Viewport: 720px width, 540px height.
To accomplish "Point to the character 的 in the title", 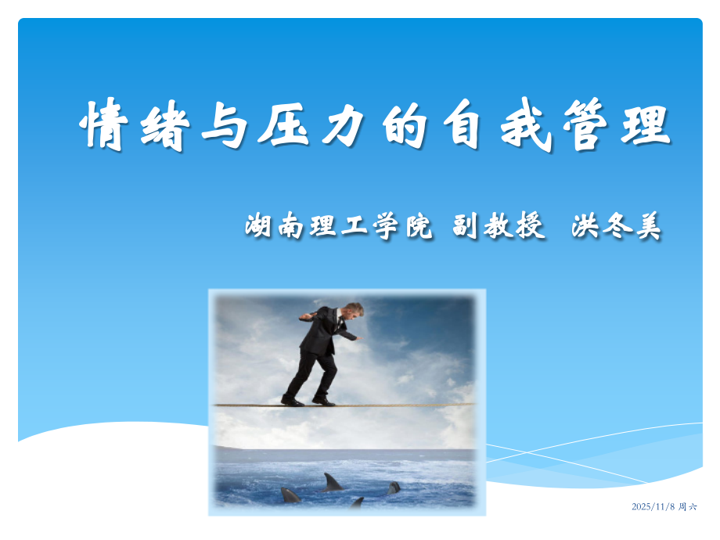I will [405, 125].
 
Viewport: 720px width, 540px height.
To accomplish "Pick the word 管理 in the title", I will [617, 125].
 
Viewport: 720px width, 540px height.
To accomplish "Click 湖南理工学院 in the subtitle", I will [338, 226].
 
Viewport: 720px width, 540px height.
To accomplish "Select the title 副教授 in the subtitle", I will [499, 226].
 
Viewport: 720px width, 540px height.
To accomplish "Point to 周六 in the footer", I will [687, 507].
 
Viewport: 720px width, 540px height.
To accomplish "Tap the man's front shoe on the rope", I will [323, 401].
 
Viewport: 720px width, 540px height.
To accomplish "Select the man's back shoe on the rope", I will [292, 401].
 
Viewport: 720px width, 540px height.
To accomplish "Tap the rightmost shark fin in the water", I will [394, 488].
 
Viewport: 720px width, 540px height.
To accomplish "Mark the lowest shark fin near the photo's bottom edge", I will [357, 502].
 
